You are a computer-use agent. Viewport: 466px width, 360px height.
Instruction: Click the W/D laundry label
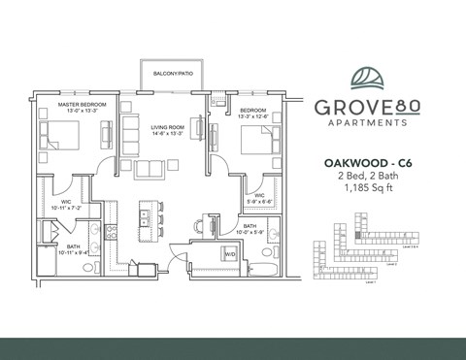230,254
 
